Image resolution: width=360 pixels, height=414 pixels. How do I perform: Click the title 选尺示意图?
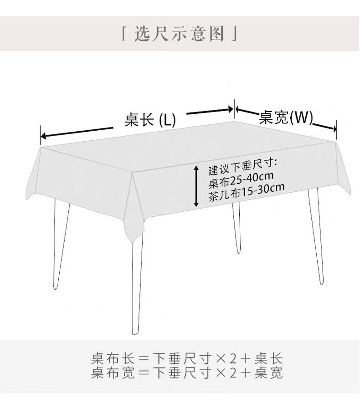click(180, 34)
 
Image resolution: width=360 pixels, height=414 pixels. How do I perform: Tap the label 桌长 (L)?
click(150, 120)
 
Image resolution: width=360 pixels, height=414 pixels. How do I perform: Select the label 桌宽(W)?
click(286, 118)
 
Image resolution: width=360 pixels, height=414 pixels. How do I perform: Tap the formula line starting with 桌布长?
click(187, 358)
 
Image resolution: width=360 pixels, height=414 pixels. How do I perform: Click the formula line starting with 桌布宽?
click(187, 373)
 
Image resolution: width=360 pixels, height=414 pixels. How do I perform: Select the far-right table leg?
click(317, 237)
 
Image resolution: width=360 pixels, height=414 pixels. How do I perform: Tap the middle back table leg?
click(237, 228)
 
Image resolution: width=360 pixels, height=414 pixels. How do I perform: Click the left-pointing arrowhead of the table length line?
click(44, 136)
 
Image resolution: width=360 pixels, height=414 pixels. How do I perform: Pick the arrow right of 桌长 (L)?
click(210, 111)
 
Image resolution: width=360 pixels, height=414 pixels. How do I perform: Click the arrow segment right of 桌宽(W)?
click(324, 126)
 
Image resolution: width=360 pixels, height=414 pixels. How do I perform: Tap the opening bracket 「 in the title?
click(124, 34)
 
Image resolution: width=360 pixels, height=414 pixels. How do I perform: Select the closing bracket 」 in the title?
click(235, 34)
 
